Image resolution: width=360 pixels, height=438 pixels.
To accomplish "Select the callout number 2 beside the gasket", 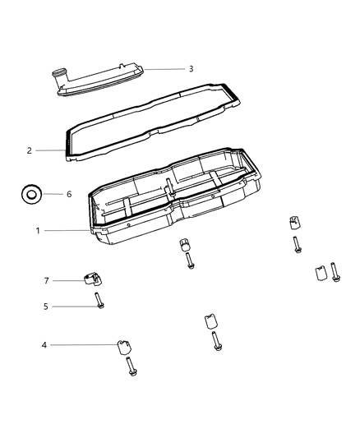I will tap(52, 151).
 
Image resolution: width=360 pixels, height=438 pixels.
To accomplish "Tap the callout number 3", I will tap(191, 69).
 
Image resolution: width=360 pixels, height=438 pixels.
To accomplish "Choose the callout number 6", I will tap(69, 195).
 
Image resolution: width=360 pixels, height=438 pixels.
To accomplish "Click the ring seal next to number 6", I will tap(31, 196).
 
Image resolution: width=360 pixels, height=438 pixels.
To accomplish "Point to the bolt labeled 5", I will tap(99, 301).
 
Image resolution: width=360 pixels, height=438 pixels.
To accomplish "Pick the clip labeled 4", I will tap(126, 345).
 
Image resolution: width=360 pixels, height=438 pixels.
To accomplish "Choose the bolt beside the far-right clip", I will tap(335, 273).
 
